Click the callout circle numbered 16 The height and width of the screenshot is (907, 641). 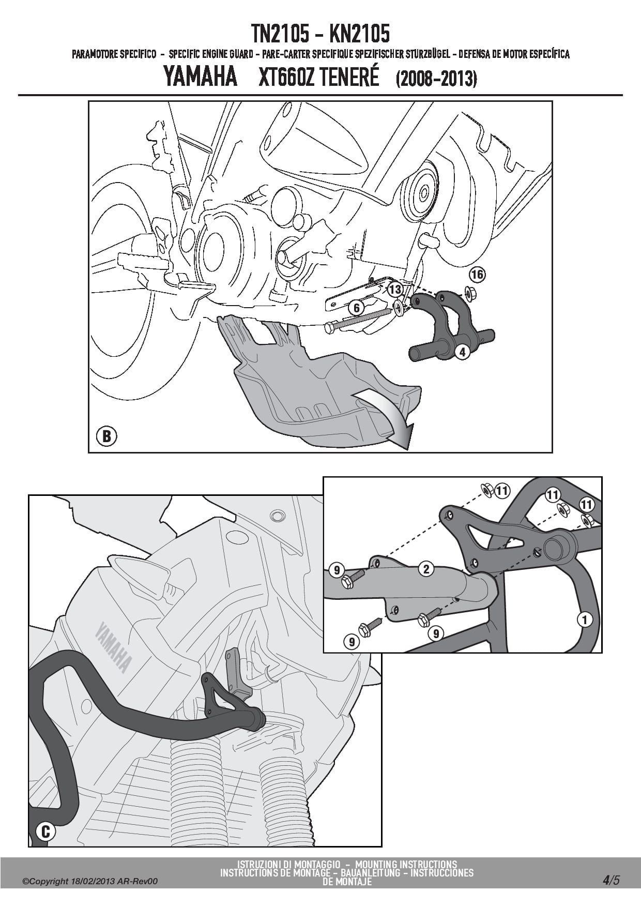477,274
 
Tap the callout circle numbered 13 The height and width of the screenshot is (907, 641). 395,289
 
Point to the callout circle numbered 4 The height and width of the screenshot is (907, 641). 462,352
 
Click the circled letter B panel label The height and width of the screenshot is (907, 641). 106,436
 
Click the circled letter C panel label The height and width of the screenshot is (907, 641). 45,831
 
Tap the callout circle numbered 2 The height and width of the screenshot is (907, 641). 426,569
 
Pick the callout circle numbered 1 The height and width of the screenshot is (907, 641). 585,619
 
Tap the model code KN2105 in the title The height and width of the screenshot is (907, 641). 360,34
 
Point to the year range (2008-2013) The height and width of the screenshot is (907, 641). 436,79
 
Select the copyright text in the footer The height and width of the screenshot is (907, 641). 90,881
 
